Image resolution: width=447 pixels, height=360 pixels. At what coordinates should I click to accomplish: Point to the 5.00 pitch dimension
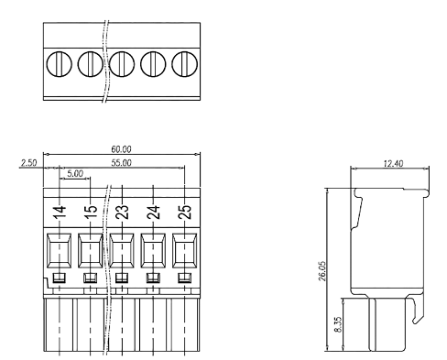pyautogui.click(x=74, y=171)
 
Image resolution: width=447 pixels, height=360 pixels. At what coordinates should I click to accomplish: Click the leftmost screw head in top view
pyautogui.click(x=59, y=63)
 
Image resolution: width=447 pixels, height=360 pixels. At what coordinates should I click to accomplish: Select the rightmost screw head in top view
pyautogui.click(x=184, y=63)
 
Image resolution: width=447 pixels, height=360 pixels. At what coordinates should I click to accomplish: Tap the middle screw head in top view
pyautogui.click(x=122, y=63)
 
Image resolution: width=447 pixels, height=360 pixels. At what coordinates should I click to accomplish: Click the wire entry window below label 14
pyautogui.click(x=59, y=248)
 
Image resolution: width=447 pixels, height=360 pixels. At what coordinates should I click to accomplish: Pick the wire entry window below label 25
pyautogui.click(x=184, y=248)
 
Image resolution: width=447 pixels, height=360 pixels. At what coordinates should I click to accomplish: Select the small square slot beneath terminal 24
pyautogui.click(x=153, y=278)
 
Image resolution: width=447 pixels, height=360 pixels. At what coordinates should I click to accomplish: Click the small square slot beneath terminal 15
pyautogui.click(x=90, y=278)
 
